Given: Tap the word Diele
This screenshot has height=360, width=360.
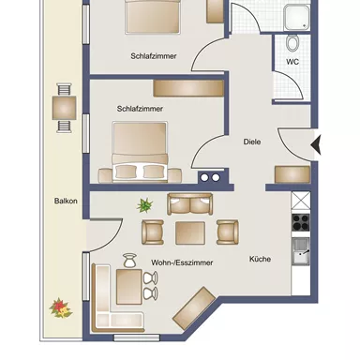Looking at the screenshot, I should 251,142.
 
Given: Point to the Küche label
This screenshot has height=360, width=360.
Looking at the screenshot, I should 261,259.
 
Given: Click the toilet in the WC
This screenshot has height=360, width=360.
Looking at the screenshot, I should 292,42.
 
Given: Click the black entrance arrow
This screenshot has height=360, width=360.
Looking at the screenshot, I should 316,144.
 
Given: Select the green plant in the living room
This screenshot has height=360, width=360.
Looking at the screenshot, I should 145,204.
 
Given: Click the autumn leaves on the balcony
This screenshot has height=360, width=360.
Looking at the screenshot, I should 59,306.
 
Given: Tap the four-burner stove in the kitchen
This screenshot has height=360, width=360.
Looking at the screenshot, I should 301,222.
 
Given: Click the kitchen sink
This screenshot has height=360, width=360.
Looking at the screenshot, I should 301,250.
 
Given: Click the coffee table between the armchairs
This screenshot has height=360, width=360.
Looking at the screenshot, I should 189,231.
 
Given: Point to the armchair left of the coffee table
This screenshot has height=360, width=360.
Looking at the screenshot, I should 152,232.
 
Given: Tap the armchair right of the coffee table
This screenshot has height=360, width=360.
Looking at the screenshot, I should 227,231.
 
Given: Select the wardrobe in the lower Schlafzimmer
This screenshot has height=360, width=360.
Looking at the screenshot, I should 187,88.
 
